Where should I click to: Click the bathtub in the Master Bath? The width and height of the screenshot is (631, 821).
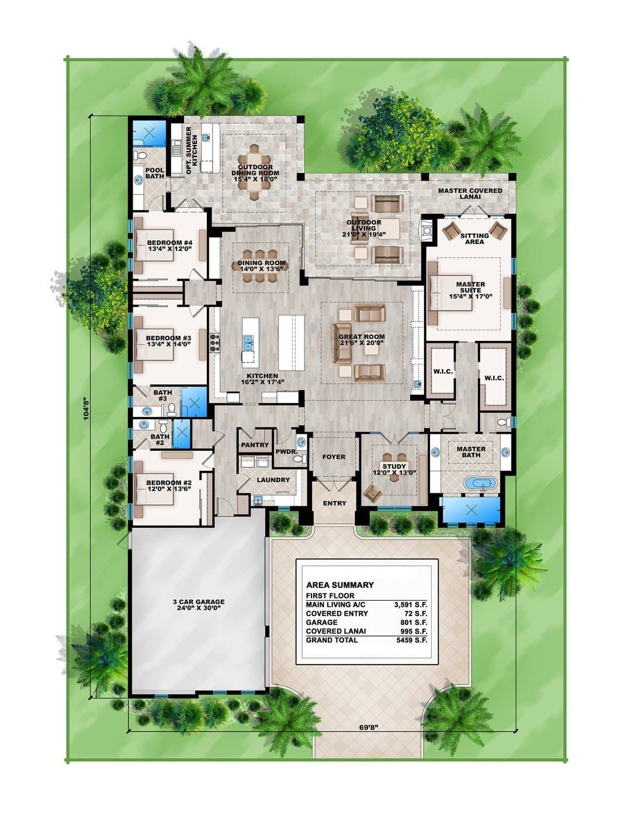click(x=480, y=483)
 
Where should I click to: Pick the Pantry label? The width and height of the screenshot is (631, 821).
click(x=255, y=445)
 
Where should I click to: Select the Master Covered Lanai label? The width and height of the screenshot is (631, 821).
click(x=470, y=194)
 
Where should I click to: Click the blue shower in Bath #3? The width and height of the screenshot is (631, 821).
click(x=195, y=402)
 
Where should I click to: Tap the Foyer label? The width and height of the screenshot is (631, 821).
click(x=334, y=457)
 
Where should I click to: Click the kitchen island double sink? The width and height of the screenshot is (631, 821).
click(x=249, y=343)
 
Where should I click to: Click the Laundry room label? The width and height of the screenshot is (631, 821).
click(x=273, y=480)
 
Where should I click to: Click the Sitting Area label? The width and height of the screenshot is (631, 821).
click(x=474, y=238)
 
